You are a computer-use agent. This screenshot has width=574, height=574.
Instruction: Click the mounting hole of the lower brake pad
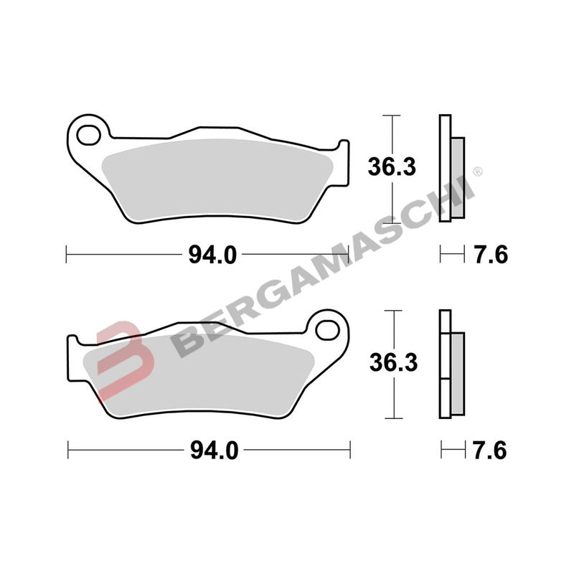tap(328, 329)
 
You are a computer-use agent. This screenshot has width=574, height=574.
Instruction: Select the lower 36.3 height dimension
tap(392, 363)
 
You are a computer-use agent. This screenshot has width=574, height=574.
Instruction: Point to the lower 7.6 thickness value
tap(491, 451)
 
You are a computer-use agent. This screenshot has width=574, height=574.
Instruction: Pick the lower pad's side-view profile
tap(450, 364)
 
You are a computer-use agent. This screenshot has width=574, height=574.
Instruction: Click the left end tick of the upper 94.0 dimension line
tap(66, 255)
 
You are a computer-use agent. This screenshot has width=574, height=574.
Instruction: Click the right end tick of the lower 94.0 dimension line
tap(350, 451)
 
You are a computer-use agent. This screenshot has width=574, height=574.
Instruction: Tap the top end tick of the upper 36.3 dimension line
tap(390, 116)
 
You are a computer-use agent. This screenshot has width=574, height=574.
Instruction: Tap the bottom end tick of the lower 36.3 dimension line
tap(391, 418)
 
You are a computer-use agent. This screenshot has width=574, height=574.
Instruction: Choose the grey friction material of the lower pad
tap(201, 373)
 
